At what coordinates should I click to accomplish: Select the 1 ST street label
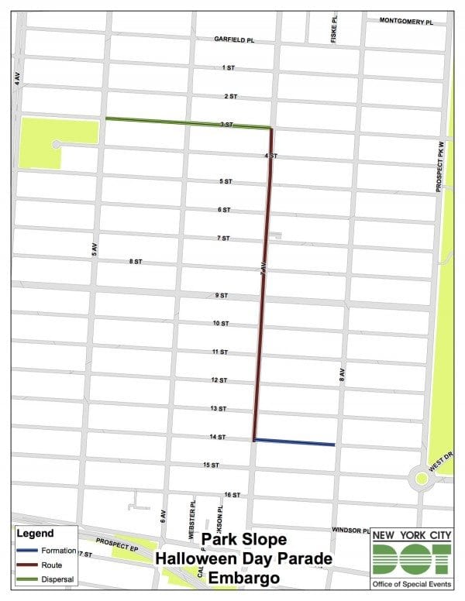coord(228,68)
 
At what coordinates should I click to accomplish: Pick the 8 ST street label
coord(136,263)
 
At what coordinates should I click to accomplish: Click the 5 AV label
coord(94,247)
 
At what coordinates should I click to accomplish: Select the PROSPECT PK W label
coord(438,177)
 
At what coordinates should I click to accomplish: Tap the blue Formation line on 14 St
coord(294,442)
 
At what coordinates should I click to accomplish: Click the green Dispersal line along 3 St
coord(186,122)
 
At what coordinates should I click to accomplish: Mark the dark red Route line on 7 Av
coord(263,279)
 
